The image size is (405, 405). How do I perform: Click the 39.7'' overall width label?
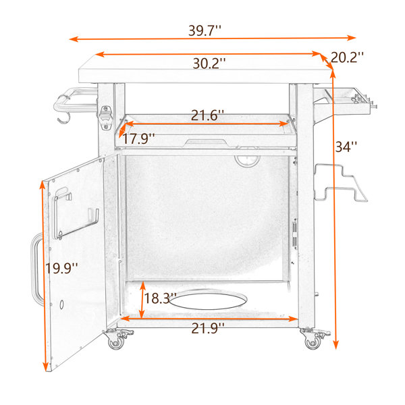205,31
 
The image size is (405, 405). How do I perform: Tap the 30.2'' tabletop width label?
209,63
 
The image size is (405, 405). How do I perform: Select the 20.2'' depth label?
347,57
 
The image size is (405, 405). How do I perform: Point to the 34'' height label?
346,147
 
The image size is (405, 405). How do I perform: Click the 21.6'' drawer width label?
207,115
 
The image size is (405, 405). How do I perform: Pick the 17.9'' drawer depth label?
138,138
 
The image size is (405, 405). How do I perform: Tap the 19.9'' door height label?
61,268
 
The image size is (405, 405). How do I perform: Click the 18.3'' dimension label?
160,298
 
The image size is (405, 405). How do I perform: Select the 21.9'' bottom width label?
208,329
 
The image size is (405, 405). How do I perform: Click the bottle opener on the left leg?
106,117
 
